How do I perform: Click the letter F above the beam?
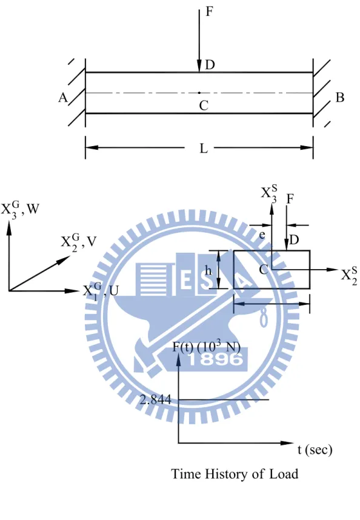pos(209,12)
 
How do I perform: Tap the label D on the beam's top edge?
pos(210,65)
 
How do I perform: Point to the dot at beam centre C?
pos(199,93)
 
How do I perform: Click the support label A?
pos(63,98)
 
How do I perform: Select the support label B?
pos(340,98)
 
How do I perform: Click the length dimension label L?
pos(204,148)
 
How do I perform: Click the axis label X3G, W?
pos(20,209)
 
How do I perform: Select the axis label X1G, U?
pos(101,292)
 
